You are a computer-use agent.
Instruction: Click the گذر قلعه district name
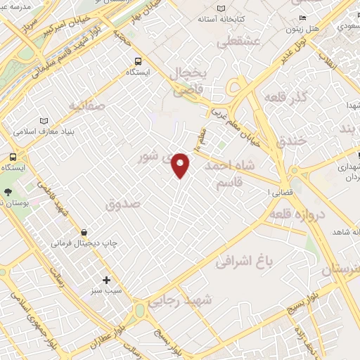tap(285, 96)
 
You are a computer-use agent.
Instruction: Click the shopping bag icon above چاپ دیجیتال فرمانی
tap(84, 231)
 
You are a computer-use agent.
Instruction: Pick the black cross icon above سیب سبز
tap(106, 280)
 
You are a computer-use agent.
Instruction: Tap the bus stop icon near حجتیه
tap(138, 60)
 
